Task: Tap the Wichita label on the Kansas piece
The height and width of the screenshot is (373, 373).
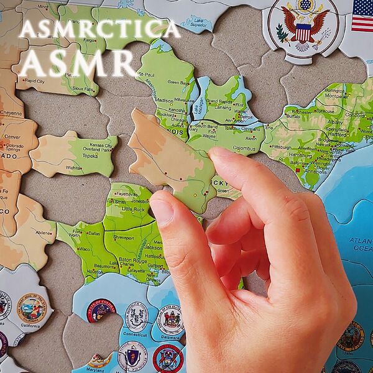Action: click(x=75, y=168)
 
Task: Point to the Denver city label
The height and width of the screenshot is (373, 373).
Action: click(x=12, y=137)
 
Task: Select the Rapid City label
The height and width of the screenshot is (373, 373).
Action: click(x=33, y=81)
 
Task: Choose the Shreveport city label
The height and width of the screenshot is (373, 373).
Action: click(x=123, y=237)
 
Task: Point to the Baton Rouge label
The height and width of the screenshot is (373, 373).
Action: click(x=132, y=260)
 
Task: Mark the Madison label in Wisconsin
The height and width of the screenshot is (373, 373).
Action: click(x=164, y=100)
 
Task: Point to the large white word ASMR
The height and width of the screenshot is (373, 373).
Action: click(x=78, y=62)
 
